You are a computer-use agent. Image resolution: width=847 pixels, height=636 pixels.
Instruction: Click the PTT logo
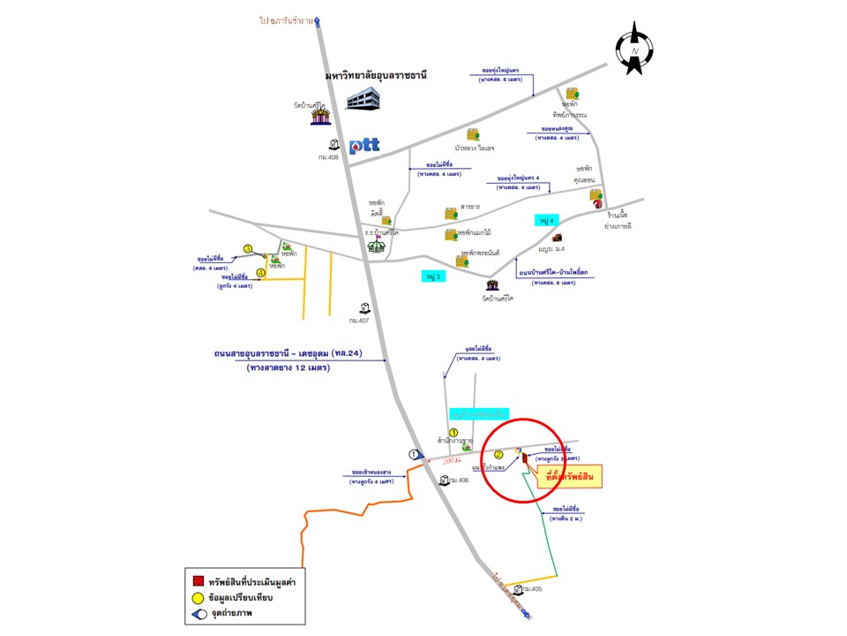click(x=364, y=146)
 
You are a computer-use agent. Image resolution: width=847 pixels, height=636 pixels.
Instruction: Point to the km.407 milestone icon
click(x=364, y=308)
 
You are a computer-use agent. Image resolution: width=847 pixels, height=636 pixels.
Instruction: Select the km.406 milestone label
click(x=459, y=481)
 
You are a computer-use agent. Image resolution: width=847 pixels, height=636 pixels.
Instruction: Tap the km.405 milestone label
click(x=532, y=588)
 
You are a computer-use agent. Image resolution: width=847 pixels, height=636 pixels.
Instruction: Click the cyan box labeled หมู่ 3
click(x=432, y=276)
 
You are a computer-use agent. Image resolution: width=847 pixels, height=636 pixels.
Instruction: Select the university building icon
click(x=364, y=99)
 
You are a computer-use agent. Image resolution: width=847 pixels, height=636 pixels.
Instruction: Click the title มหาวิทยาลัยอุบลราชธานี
click(x=375, y=77)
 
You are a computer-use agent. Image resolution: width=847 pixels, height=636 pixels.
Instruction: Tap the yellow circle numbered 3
click(x=248, y=249)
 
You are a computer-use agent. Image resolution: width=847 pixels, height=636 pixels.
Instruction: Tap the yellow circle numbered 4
click(x=260, y=272)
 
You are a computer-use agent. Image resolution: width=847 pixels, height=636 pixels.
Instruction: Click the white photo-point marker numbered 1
click(x=414, y=453)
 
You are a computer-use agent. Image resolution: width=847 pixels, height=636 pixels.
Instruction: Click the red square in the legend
click(x=199, y=581)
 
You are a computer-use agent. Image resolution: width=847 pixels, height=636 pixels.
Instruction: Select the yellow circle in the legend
click(x=199, y=598)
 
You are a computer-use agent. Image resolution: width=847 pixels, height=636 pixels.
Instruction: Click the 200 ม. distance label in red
click(x=453, y=461)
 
